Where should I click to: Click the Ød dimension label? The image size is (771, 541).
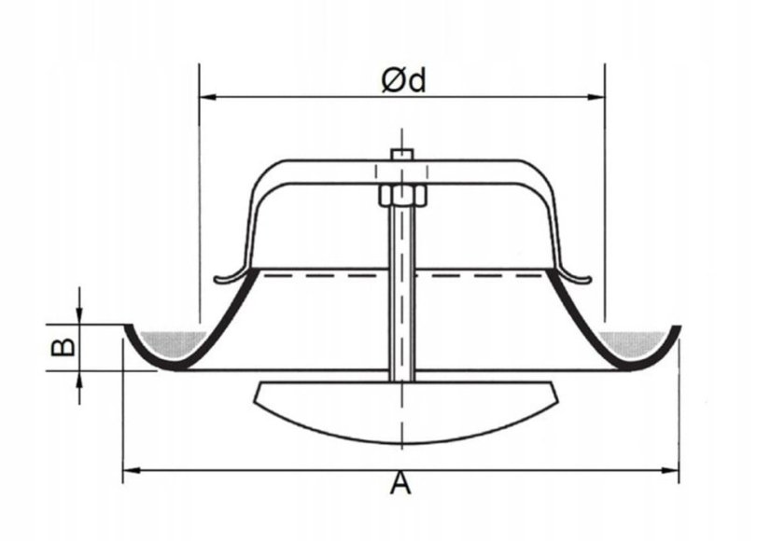(403, 80)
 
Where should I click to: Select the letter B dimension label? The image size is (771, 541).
(63, 347)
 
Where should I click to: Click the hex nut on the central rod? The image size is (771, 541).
(401, 195)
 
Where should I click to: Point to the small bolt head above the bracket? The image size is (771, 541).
(402, 154)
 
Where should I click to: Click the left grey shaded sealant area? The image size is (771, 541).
(172, 343)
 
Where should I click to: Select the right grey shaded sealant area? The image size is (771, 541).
(631, 343)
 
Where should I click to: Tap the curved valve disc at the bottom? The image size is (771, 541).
(406, 413)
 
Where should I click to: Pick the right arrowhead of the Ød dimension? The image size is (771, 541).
(596, 97)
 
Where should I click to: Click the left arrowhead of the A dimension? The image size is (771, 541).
(132, 471)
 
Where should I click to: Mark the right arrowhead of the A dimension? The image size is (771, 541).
(669, 471)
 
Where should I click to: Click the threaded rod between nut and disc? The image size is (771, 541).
(402, 293)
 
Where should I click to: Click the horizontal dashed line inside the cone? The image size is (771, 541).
(402, 276)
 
